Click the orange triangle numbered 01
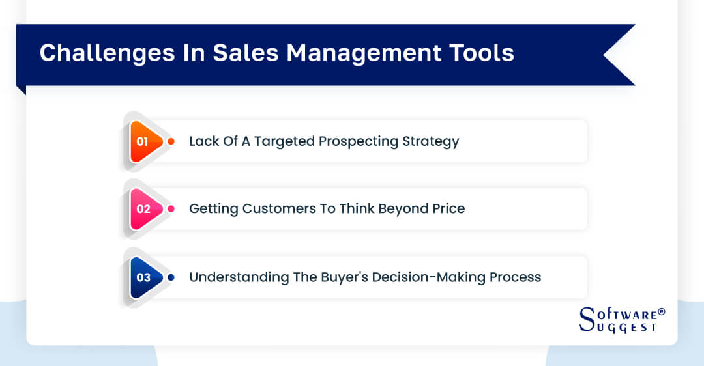pyautogui.click(x=145, y=141)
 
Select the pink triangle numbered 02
pyautogui.click(x=145, y=209)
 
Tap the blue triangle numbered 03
pyautogui.click(x=145, y=277)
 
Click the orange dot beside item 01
pyautogui.click(x=171, y=141)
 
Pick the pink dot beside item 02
pyautogui.click(x=171, y=209)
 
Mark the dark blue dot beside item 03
pyautogui.click(x=171, y=277)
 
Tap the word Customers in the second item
pyautogui.click(x=276, y=209)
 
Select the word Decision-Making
pyautogui.click(x=430, y=277)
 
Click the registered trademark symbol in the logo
pyautogui.click(x=662, y=312)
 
